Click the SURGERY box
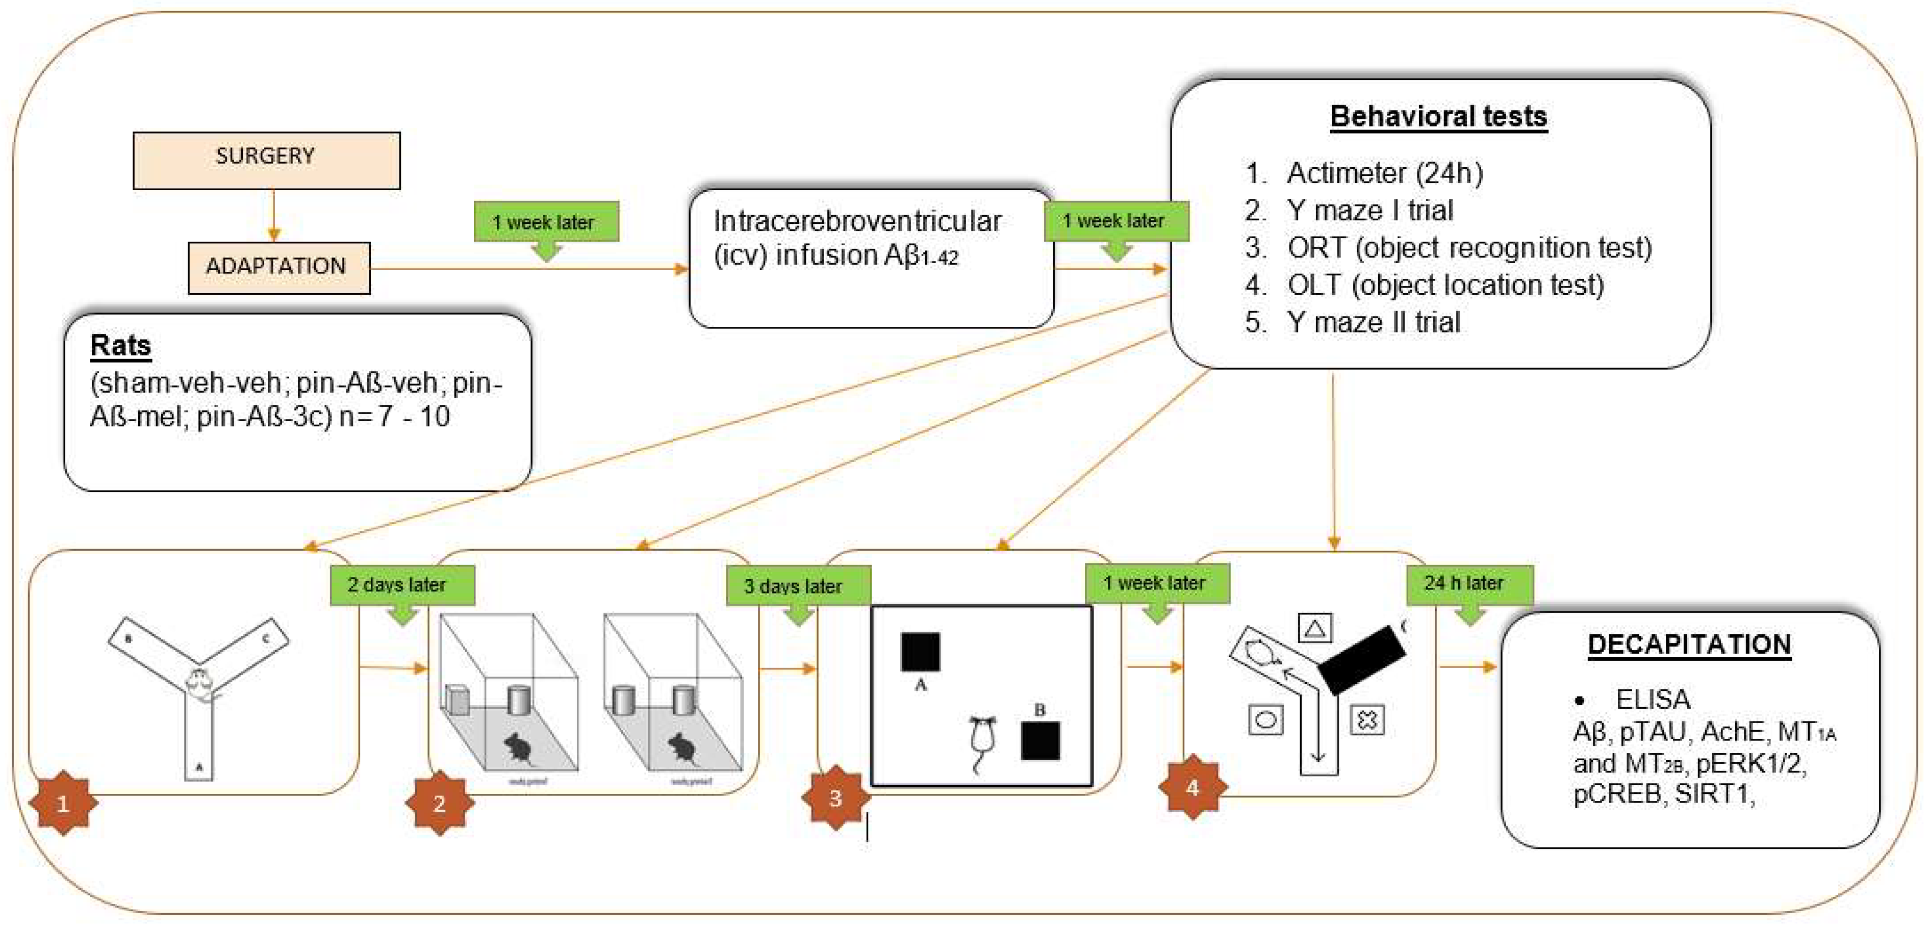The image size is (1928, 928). [x=266, y=160]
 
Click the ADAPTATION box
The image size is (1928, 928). [x=278, y=267]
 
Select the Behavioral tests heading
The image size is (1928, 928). [x=1438, y=117]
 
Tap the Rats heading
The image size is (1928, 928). [x=120, y=346]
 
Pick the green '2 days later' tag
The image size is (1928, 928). [x=402, y=584]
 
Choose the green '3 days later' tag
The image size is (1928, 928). [x=798, y=586]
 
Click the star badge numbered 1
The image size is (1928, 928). [x=63, y=803]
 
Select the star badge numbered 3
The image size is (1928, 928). [x=835, y=798]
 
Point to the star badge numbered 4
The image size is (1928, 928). [x=1193, y=787]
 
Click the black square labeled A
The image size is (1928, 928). [x=920, y=652]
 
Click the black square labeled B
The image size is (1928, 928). [x=1039, y=741]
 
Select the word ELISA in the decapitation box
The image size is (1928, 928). [x=1653, y=700]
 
